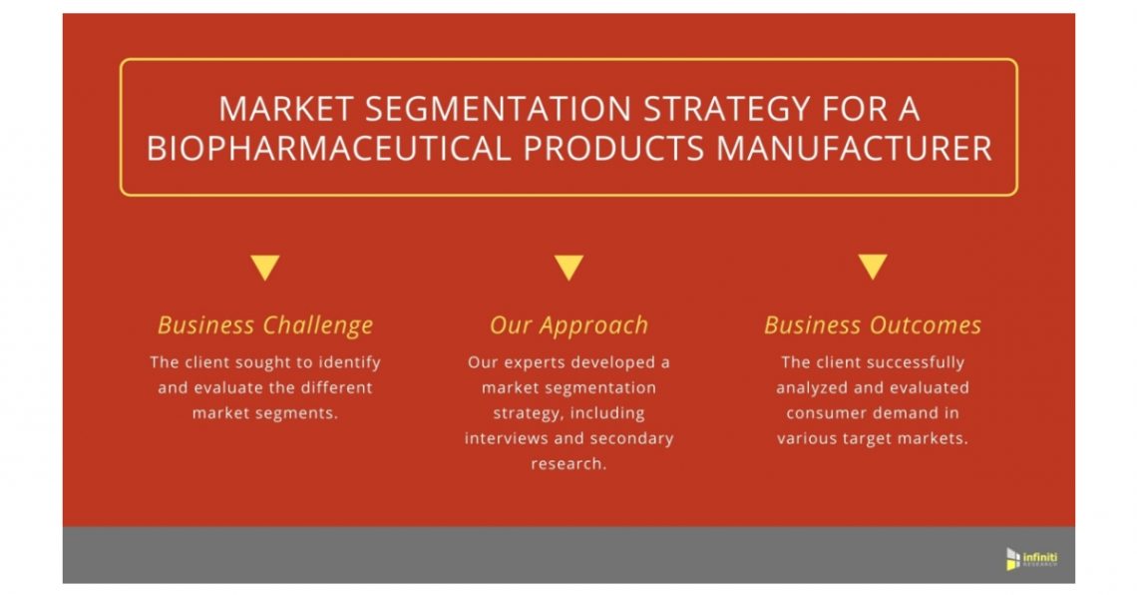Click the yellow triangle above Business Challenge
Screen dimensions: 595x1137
click(264, 268)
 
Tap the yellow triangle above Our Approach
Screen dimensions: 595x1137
click(568, 268)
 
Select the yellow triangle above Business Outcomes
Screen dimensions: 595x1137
click(873, 268)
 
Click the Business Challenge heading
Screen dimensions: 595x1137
click(265, 325)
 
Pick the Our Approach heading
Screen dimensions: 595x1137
click(568, 325)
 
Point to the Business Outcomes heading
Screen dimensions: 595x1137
click(873, 325)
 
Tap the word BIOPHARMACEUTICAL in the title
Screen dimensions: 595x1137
click(327, 148)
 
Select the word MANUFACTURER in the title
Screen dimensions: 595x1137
click(855, 148)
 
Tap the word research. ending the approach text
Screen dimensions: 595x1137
click(568, 464)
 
